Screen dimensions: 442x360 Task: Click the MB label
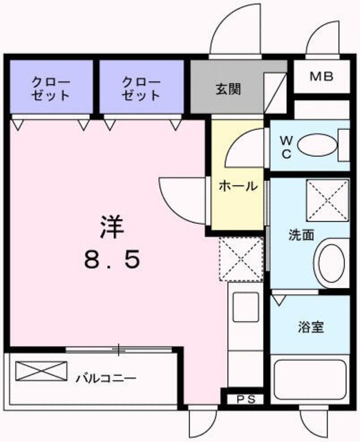pyautogui.click(x=321, y=77)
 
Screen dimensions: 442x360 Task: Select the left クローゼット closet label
pyautogui.click(x=49, y=89)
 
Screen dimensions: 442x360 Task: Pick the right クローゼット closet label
pyautogui.click(x=141, y=89)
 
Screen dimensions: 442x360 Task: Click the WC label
pyautogui.click(x=286, y=146)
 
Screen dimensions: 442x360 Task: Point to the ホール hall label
pyautogui.click(x=238, y=186)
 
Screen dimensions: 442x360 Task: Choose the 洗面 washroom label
pyautogui.click(x=301, y=235)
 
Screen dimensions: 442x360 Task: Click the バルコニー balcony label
pyautogui.click(x=106, y=378)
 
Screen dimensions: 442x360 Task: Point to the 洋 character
pyautogui.click(x=110, y=226)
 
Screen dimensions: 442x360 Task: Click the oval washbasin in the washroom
pyautogui.click(x=331, y=263)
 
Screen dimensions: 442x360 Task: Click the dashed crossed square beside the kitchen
pyautogui.click(x=241, y=259)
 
